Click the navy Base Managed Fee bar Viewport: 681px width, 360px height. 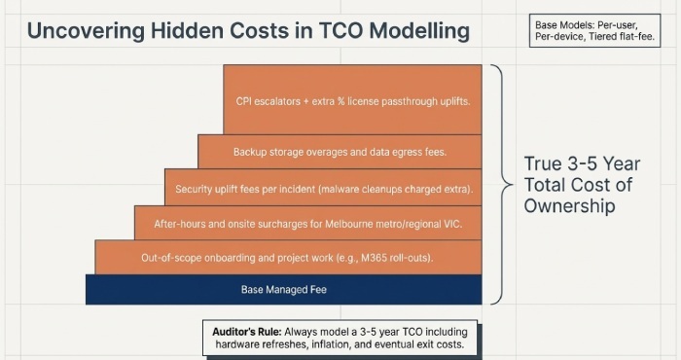(283, 290)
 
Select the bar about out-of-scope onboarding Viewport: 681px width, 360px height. (288, 257)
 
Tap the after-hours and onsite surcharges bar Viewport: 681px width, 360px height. (307, 223)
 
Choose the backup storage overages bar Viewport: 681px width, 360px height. (340, 152)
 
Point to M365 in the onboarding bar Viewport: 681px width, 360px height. (399, 257)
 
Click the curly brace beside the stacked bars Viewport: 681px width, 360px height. (498, 184)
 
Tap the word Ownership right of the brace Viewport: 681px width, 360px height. (569, 205)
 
